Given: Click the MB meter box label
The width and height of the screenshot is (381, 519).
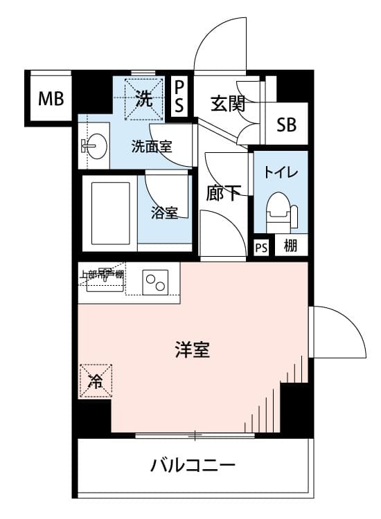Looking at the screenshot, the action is click(x=51, y=98).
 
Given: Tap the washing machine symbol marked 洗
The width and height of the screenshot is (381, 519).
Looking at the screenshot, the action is click(x=145, y=99).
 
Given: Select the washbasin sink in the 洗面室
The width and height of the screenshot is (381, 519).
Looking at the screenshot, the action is click(x=94, y=145).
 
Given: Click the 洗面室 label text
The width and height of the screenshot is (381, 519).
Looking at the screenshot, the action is click(x=152, y=146).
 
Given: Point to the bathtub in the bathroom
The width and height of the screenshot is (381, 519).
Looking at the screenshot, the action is click(x=109, y=214).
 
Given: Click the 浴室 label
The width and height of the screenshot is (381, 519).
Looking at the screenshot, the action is click(x=164, y=212).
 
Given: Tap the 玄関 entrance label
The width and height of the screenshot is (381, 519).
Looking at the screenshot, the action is click(x=228, y=104).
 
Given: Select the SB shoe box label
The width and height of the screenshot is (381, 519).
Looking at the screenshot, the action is click(x=286, y=125).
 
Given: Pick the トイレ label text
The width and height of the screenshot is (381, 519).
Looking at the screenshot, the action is click(x=281, y=172).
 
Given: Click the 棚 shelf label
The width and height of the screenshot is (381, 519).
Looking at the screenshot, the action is click(x=290, y=246).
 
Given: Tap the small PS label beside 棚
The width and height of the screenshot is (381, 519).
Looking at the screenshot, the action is click(x=261, y=248).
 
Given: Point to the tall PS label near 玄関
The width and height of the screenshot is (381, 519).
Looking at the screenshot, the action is click(x=179, y=96).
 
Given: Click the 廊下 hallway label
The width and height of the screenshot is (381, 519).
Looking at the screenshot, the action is click(x=223, y=193).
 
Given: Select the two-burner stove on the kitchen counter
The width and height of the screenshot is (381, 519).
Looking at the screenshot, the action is click(x=155, y=282).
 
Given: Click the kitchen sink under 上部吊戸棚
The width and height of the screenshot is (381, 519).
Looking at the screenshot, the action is click(x=105, y=282).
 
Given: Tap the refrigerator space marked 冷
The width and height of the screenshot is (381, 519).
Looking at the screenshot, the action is click(x=96, y=381).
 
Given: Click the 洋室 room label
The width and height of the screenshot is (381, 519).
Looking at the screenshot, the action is click(x=193, y=350).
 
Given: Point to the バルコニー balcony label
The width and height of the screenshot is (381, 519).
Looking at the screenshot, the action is click(x=193, y=465).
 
